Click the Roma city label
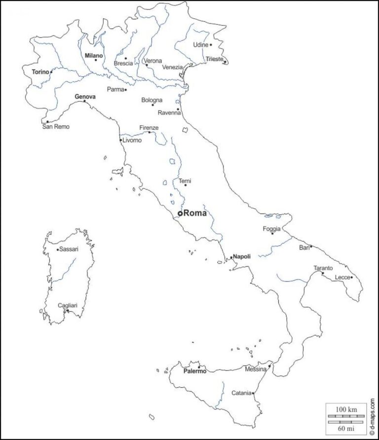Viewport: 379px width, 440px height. pos(195,213)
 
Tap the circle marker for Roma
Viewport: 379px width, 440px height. pos(180,213)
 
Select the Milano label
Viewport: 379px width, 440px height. pos(94,56)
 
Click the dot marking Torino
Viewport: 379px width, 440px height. pos(51,72)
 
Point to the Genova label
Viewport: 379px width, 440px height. pos(85,97)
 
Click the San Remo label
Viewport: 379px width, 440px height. pos(56,127)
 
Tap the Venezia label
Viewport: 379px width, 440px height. pos(173,67)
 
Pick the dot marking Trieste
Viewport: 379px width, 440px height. pos(225,62)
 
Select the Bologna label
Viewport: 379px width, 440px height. pos(152,100)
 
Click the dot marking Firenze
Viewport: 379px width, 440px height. pos(150,132)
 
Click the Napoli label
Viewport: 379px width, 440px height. pos(242,257)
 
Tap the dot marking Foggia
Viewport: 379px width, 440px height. pos(272,233)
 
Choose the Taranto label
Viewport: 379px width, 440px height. pos(323,268)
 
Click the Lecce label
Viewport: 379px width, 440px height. pos(342,277)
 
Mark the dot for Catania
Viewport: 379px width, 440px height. pos(253,393)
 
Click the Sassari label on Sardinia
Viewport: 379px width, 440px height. pos(69,250)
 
